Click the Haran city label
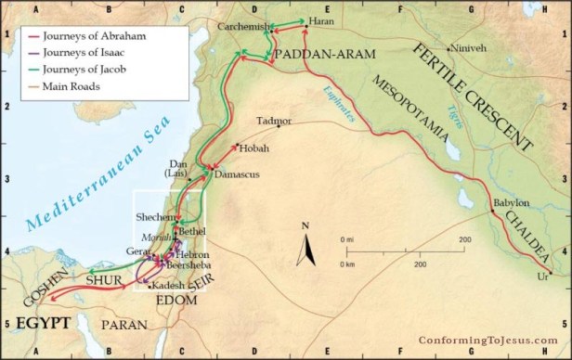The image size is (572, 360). tap(322, 20)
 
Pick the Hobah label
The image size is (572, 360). tap(253, 148)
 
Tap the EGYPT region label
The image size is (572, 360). tap(37, 324)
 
